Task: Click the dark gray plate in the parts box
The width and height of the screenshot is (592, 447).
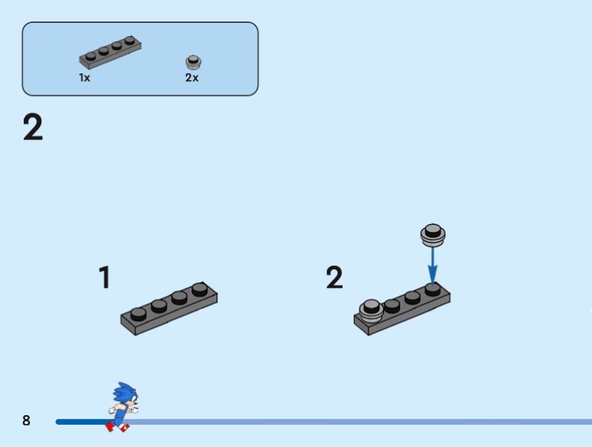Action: tap(110, 53)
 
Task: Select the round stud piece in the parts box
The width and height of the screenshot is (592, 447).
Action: tap(193, 62)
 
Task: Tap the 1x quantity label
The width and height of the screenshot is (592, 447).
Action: tap(84, 78)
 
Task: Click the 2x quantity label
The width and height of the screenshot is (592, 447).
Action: tap(192, 78)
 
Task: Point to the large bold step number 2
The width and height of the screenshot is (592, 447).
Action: tap(33, 128)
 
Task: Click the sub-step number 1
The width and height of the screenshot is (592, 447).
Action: tap(104, 277)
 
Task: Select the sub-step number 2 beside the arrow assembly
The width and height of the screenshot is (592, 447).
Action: tap(334, 277)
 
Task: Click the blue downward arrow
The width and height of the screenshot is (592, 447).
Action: tap(433, 266)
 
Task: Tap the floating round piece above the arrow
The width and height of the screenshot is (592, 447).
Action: tap(433, 235)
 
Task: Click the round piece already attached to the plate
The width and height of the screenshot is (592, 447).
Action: tap(371, 311)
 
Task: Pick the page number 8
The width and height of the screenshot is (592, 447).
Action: tap(26, 420)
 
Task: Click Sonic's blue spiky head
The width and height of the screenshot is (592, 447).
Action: tap(125, 394)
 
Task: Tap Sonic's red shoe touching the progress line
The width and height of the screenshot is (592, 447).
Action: tap(110, 426)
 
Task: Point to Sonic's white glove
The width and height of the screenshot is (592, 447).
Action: tap(112, 410)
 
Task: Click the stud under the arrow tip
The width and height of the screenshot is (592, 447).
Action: tap(433, 289)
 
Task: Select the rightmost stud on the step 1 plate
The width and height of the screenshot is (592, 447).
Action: tap(199, 289)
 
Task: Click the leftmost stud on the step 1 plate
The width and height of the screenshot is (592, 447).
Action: tap(138, 314)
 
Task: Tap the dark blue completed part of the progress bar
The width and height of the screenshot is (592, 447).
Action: tap(81, 422)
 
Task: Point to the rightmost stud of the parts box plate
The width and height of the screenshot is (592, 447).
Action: tap(129, 41)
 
